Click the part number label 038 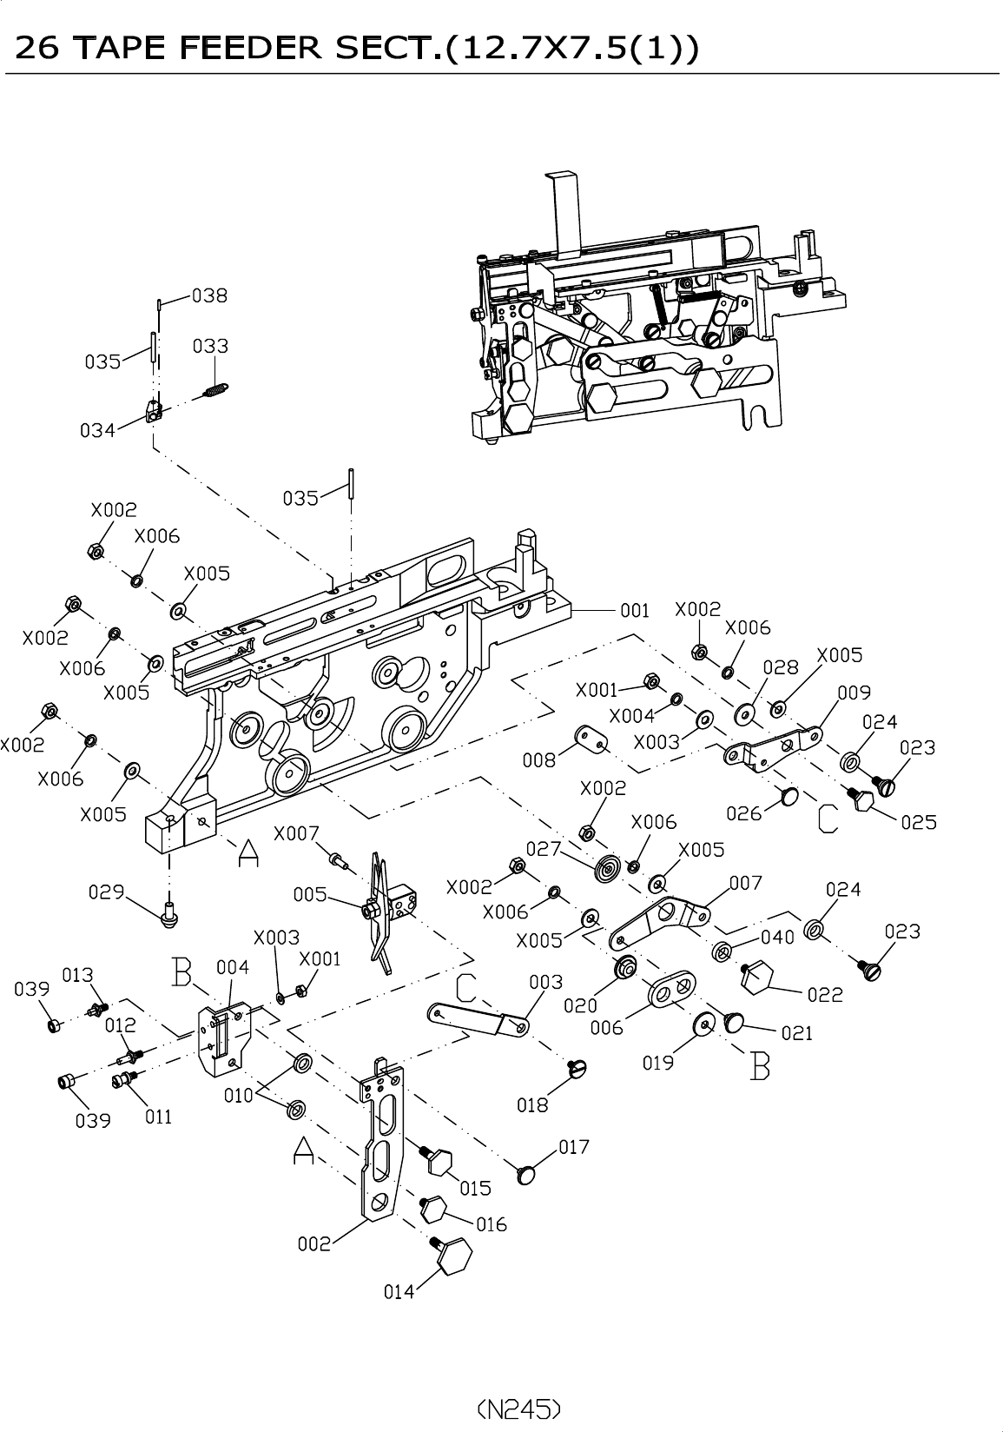(209, 295)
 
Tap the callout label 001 (634, 610)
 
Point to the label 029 (106, 892)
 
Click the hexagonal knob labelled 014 (455, 1256)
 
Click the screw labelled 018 (577, 1068)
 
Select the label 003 (545, 982)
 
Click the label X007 (296, 833)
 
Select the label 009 (854, 693)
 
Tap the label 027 (544, 848)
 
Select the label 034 (97, 429)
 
